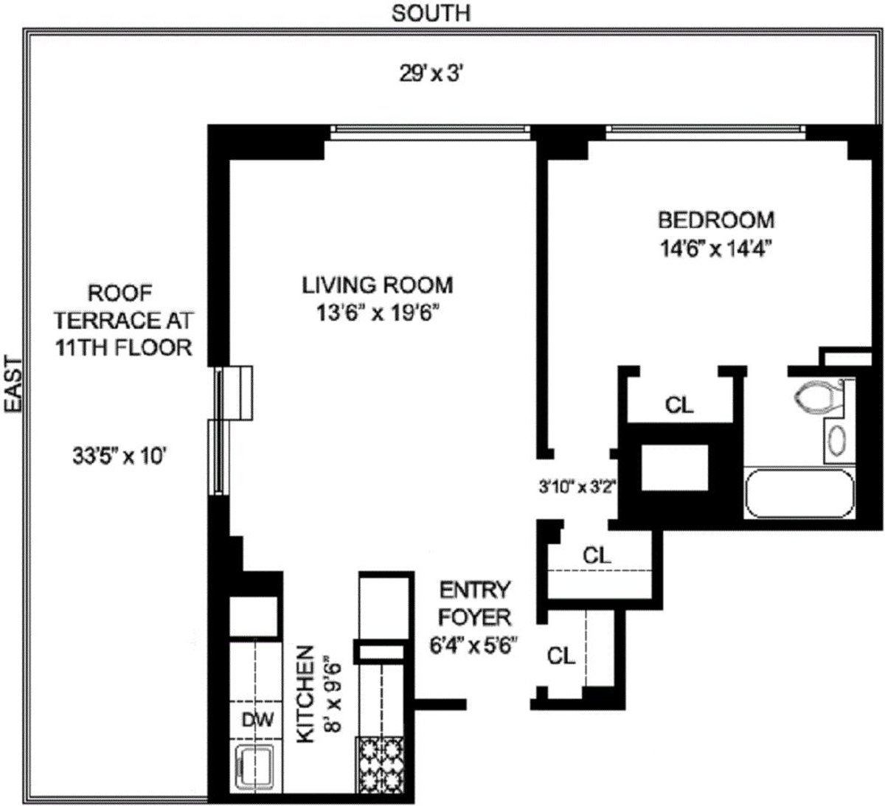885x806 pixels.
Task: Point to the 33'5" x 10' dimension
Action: coord(121,456)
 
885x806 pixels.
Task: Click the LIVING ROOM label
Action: coord(377,285)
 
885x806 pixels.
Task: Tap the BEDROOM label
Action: coord(716,220)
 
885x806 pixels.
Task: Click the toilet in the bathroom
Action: coord(819,397)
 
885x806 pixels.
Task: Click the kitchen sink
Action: coord(254,768)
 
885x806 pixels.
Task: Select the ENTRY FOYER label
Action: coord(474,602)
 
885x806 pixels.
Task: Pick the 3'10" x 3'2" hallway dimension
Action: coord(577,487)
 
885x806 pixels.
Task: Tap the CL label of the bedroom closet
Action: coord(679,405)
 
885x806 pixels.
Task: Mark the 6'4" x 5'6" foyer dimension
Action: coord(472,644)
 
